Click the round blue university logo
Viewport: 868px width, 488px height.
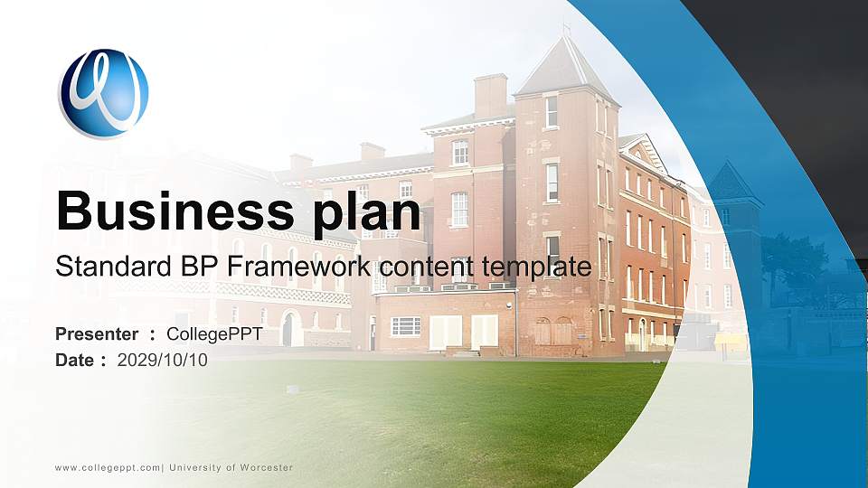click(103, 94)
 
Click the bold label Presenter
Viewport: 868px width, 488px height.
click(97, 334)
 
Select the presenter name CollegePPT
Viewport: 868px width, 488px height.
click(214, 334)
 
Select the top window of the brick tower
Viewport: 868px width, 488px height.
click(551, 112)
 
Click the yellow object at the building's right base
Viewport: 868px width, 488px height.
click(731, 342)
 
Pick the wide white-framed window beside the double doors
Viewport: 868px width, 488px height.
click(405, 326)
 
